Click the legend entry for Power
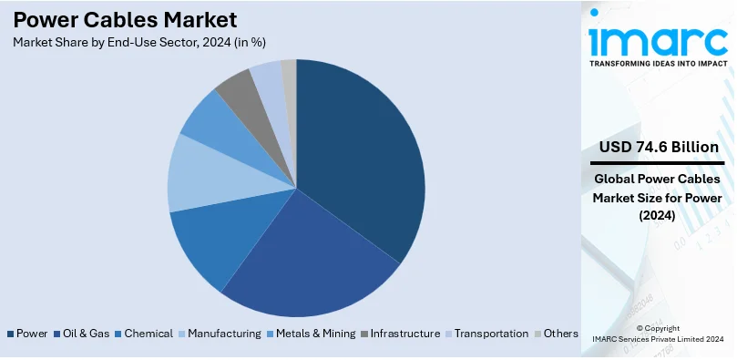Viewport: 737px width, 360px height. click(x=32, y=334)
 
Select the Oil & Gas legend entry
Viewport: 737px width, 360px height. click(x=87, y=334)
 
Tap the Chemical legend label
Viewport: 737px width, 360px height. click(x=148, y=334)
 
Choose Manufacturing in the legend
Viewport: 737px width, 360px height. click(x=224, y=334)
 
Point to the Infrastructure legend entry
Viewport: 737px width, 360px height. click(x=405, y=334)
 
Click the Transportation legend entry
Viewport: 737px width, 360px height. click(x=491, y=334)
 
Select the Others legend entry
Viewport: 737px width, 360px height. click(x=560, y=334)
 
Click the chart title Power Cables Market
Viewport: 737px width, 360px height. click(x=125, y=19)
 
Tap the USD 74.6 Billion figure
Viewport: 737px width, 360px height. click(x=659, y=148)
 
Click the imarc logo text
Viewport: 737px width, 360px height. click(x=658, y=39)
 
